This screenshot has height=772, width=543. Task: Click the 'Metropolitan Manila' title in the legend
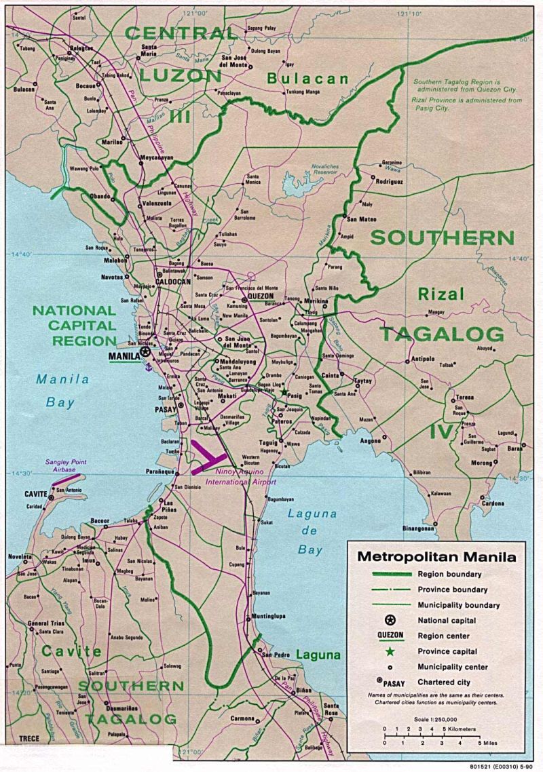pos(436,558)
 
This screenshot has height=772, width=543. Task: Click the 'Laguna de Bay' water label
pos(312,532)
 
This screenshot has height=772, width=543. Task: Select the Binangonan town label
pos(418,528)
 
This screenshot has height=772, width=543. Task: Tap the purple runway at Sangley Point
pos(65,479)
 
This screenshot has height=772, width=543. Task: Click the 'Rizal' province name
pos(441,294)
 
